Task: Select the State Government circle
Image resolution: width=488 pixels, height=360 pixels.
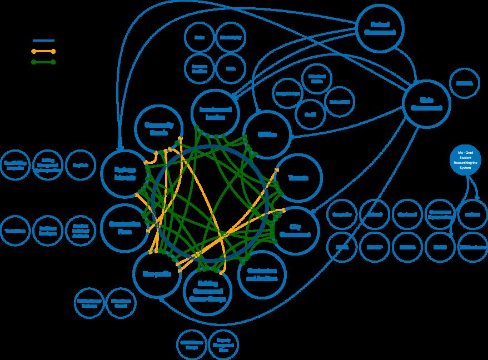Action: (427, 104)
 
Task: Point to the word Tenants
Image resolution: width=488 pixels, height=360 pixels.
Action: (298, 178)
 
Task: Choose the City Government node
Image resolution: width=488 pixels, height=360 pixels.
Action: (295, 231)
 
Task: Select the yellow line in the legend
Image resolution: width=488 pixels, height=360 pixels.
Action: (44, 51)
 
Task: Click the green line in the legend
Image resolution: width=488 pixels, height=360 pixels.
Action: (44, 61)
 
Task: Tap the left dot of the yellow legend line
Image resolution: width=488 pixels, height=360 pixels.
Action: (34, 51)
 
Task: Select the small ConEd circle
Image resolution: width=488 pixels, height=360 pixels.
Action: (308, 112)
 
